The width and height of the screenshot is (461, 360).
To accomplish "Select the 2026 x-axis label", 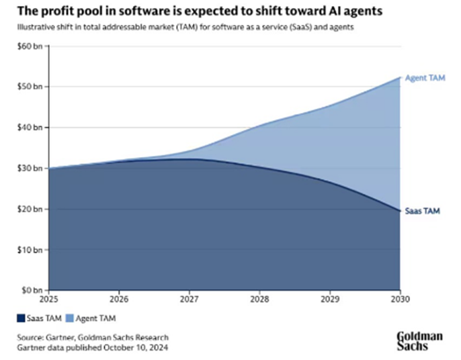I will coord(118,299).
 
